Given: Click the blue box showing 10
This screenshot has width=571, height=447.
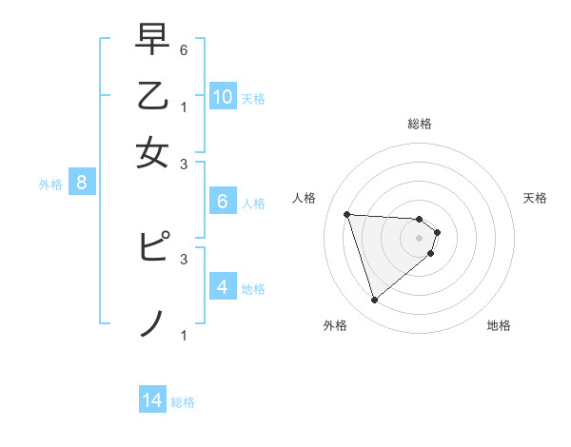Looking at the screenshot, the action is point(223,97).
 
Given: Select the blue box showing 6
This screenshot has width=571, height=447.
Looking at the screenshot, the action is point(222,202).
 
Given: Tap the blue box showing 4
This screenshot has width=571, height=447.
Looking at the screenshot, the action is point(222,287).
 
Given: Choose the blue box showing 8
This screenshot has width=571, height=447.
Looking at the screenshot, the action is point(82,184).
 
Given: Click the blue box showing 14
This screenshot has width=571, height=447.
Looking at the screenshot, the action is point(152,401).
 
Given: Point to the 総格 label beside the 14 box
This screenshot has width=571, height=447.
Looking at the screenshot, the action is point(183,402).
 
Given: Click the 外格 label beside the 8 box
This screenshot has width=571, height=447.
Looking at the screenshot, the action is point(50,185).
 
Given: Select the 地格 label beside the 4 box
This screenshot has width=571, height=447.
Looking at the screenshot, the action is point(253,288).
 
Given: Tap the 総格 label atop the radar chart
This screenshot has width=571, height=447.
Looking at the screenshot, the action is point(420,124).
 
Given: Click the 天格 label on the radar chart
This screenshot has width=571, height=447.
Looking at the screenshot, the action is point(536,198).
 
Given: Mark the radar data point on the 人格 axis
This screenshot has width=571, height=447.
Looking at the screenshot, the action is point(346,214).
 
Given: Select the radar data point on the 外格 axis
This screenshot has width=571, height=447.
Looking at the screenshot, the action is point(374,301).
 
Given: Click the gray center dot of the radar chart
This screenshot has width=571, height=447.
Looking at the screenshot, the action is point(420,237).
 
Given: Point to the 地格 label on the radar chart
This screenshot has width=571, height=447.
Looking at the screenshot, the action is point(499,325).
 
